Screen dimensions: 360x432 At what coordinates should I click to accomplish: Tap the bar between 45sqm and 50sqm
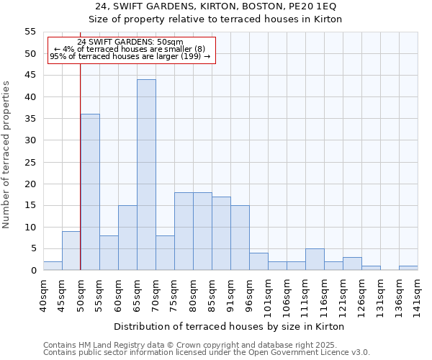[x=71, y=251]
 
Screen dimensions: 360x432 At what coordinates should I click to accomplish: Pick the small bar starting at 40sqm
[x=53, y=266]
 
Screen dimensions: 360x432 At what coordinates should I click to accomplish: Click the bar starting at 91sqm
[x=240, y=238]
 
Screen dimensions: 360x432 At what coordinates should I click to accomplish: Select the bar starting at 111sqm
[x=315, y=259]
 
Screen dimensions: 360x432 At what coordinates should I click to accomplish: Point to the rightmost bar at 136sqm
[x=408, y=268]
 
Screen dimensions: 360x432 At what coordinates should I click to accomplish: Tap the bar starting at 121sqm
[x=352, y=264]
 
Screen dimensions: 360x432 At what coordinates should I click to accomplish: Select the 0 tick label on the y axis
[x=33, y=271]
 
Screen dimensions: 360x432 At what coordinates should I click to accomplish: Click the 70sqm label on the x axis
[x=156, y=293]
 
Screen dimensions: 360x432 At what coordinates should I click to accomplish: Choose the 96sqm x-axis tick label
[x=249, y=293]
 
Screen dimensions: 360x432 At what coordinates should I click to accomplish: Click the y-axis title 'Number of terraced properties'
[x=6, y=154]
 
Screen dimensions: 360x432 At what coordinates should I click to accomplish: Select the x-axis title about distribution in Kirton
[x=229, y=326]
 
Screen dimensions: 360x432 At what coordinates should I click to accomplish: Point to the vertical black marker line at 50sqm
[x=81, y=166]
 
